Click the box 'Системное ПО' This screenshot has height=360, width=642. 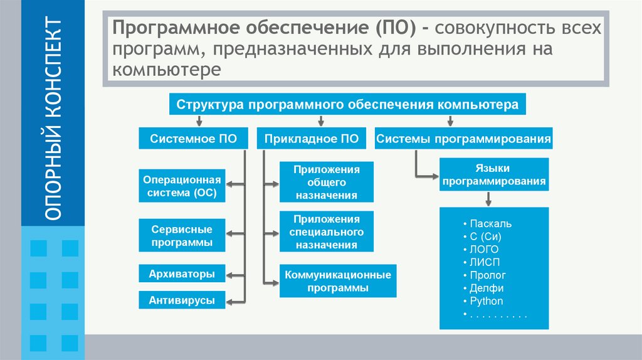(x=194, y=139)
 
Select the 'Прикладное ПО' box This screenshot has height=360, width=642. (x=312, y=139)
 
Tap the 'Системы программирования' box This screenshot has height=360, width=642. (x=463, y=139)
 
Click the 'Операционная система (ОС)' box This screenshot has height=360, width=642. (x=182, y=186)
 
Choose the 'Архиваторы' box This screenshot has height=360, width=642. (x=182, y=274)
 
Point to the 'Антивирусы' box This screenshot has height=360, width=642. (x=182, y=300)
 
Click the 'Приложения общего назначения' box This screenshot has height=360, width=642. (x=327, y=182)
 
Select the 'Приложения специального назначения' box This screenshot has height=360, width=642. (x=327, y=232)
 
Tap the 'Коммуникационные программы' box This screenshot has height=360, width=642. (x=337, y=281)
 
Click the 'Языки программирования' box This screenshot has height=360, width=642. (x=492, y=175)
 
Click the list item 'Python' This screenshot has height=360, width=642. (x=486, y=301)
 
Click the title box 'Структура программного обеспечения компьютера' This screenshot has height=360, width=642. (x=347, y=104)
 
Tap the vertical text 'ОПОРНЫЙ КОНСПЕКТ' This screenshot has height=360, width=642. (x=53, y=119)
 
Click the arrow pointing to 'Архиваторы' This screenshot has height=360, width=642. (x=235, y=274)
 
